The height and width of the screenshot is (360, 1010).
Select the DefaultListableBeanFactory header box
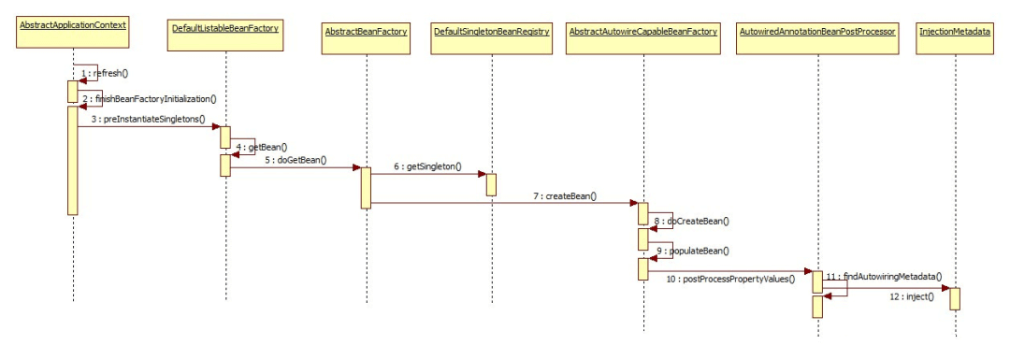(x=225, y=32)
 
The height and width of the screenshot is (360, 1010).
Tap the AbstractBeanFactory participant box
(x=367, y=32)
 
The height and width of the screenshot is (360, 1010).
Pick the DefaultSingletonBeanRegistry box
(x=491, y=32)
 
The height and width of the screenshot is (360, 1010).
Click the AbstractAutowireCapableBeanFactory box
(x=643, y=32)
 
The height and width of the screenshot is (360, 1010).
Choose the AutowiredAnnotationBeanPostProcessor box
(x=817, y=32)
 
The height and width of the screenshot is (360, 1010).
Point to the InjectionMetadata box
(x=955, y=32)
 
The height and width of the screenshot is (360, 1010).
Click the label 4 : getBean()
(x=262, y=147)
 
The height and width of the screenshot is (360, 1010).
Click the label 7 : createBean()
(x=566, y=197)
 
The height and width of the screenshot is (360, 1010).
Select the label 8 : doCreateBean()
(x=692, y=222)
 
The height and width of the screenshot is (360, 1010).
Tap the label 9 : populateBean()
(x=692, y=252)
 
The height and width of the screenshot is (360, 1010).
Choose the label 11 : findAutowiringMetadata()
(x=884, y=278)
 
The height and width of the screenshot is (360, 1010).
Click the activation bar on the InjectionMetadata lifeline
(x=955, y=297)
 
